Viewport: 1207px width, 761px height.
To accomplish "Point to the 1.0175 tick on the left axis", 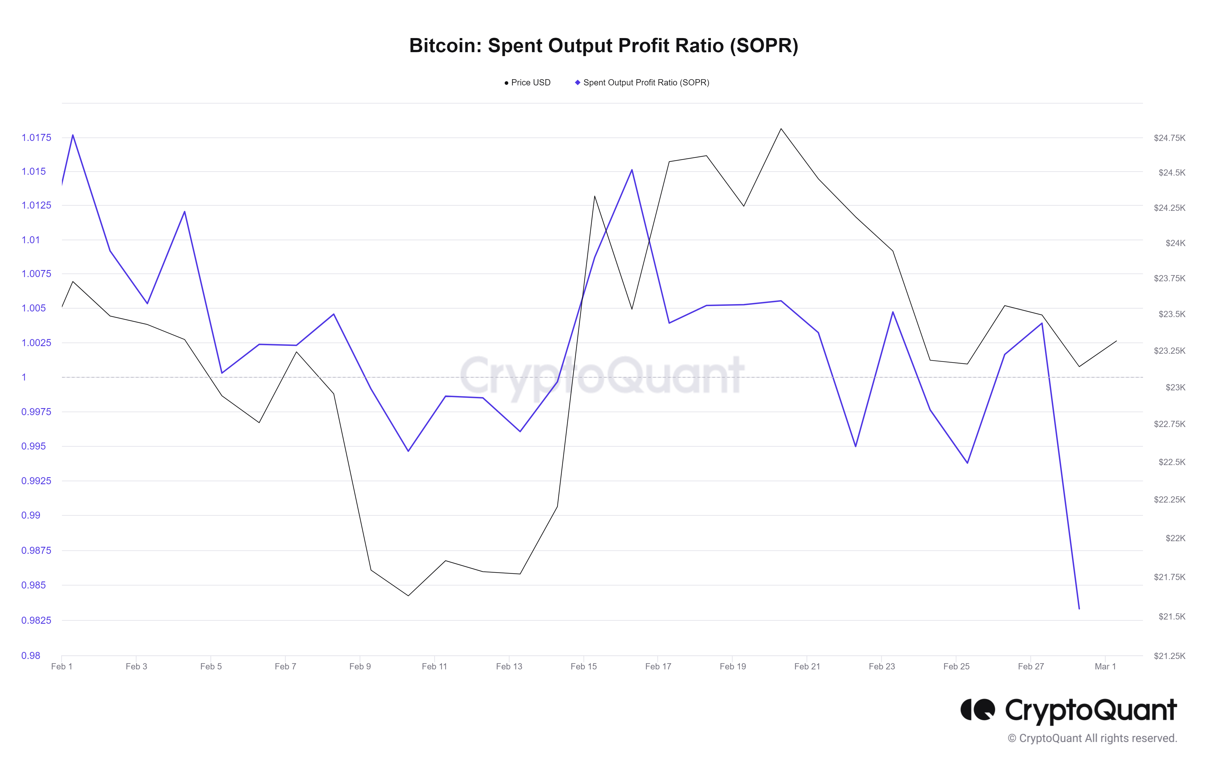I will pyautogui.click(x=36, y=138).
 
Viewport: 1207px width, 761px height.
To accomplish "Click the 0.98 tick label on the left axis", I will pyautogui.click(x=31, y=655).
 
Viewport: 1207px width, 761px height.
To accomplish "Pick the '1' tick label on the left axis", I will pyautogui.click(x=24, y=377).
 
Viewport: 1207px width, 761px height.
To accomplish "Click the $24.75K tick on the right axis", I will pyautogui.click(x=1169, y=138).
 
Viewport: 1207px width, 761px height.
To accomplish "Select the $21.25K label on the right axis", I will pyautogui.click(x=1169, y=656).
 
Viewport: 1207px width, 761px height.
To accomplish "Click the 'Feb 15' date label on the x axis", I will pyautogui.click(x=583, y=666).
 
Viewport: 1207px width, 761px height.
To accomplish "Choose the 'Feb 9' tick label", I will pyautogui.click(x=360, y=666).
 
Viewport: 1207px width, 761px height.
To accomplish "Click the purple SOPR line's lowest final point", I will pyautogui.click(x=1079, y=609).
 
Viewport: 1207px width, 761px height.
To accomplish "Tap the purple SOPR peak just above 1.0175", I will pyautogui.click(x=73, y=135).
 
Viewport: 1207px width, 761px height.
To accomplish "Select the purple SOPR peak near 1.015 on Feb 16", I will pyautogui.click(x=632, y=170).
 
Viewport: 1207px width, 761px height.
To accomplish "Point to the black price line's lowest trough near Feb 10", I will pyautogui.click(x=408, y=596).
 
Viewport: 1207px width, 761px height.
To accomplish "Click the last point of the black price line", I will pyautogui.click(x=1116, y=341).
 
